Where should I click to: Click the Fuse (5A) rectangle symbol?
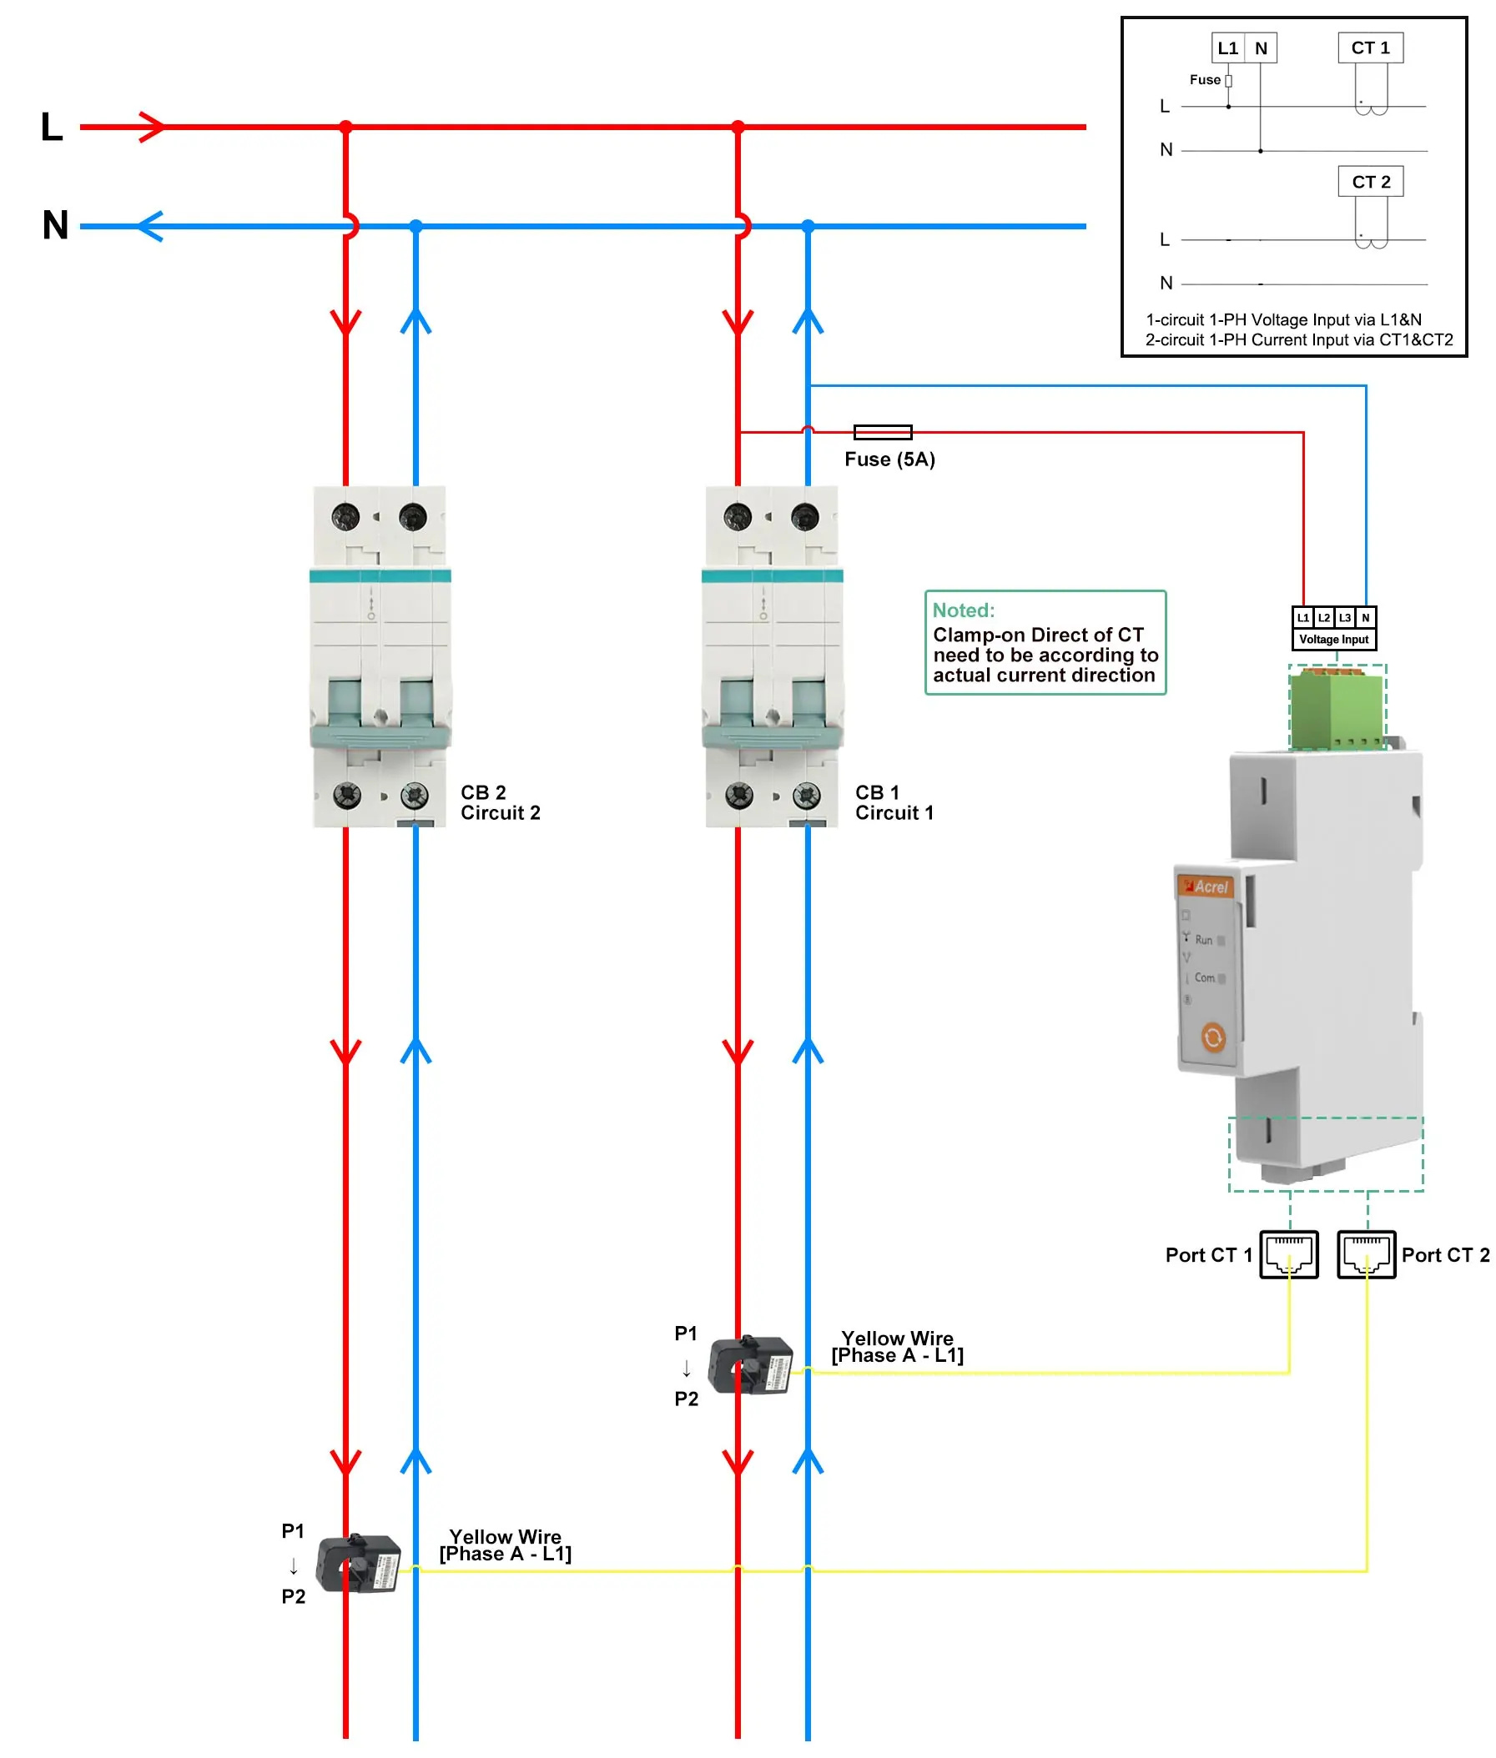pyautogui.click(x=882, y=432)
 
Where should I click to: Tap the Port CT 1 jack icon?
pyautogui.click(x=1288, y=1253)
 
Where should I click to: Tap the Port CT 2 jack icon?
pyautogui.click(x=1365, y=1253)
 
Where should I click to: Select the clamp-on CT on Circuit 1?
pyautogui.click(x=751, y=1365)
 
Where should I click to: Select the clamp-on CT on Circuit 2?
pyautogui.click(x=358, y=1564)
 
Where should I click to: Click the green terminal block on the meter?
pyautogui.click(x=1337, y=708)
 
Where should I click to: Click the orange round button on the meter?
pyautogui.click(x=1213, y=1037)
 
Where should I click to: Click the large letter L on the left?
pyautogui.click(x=52, y=127)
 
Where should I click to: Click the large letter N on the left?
pyautogui.click(x=55, y=225)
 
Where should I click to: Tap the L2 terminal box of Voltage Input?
pyautogui.click(x=1323, y=617)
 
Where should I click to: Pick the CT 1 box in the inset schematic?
pyautogui.click(x=1370, y=48)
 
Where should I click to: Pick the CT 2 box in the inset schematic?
pyautogui.click(x=1370, y=182)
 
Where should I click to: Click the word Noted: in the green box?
pyautogui.click(x=964, y=610)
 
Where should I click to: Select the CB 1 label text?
pyautogui.click(x=877, y=791)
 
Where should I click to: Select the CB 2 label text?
pyautogui.click(x=482, y=791)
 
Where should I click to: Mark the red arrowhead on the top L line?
pyautogui.click(x=153, y=127)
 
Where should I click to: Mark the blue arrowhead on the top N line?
pyautogui.click(x=149, y=226)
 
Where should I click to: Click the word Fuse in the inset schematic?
pyautogui.click(x=1204, y=80)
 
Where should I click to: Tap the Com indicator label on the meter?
pyautogui.click(x=1204, y=977)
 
